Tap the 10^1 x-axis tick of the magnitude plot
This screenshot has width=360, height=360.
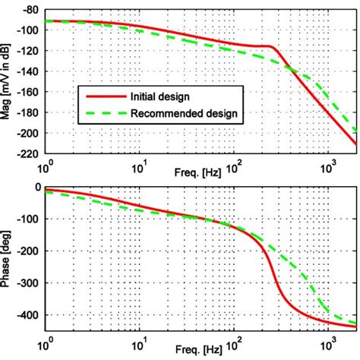[141, 164]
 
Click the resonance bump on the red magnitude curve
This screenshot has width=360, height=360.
[269, 47]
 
